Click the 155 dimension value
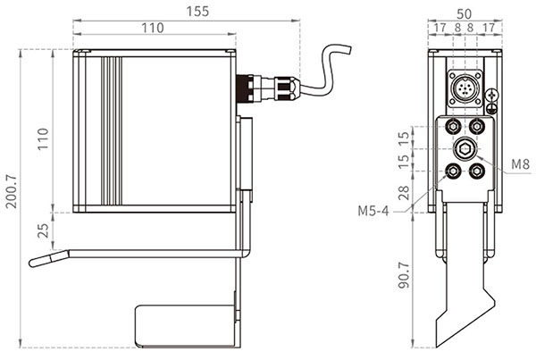tap(197, 12)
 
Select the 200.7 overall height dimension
tap(12, 191)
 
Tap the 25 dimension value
tap(43, 230)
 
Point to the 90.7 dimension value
tap(404, 275)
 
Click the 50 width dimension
tap(465, 14)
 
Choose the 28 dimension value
tap(404, 193)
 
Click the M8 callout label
tap(520, 164)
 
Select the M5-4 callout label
tap(373, 211)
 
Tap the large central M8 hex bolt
tap(465, 148)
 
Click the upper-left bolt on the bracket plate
tap(453, 127)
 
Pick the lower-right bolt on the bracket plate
tap(476, 171)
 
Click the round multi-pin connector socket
tap(465, 88)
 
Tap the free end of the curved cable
tap(348, 49)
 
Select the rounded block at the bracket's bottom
tap(186, 326)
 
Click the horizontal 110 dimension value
tap(153, 28)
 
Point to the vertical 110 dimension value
tap(43, 138)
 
